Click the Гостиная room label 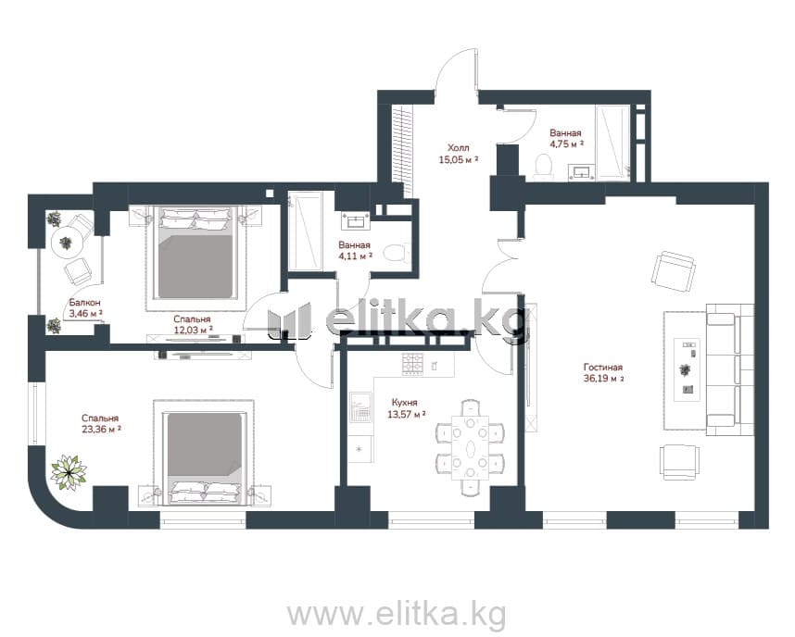[x=603, y=368]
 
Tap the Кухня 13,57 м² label [x=406, y=408]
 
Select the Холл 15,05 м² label [x=459, y=154]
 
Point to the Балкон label [x=84, y=303]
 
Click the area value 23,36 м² [x=101, y=430]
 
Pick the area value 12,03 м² [x=192, y=330]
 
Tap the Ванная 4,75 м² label [x=566, y=138]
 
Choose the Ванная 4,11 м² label [x=355, y=250]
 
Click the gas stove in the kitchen [x=412, y=364]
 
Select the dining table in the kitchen [x=471, y=447]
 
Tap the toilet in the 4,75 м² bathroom [x=544, y=167]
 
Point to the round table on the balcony [x=68, y=244]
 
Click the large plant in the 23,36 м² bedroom [x=69, y=472]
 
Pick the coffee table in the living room [x=687, y=369]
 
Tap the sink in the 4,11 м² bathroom [x=358, y=221]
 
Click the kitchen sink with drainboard [x=361, y=407]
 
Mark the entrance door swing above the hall [x=456, y=70]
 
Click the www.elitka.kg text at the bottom [x=397, y=614]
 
